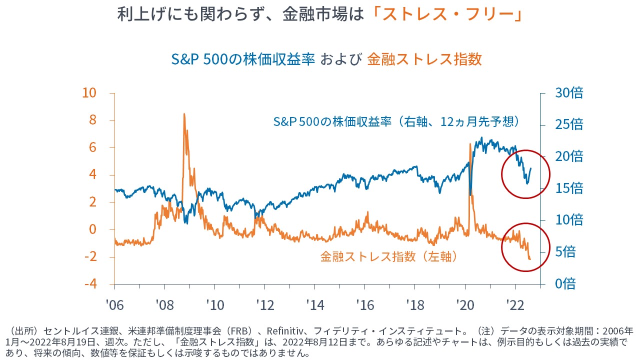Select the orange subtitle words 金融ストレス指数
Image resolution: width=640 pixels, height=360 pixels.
tap(424, 59)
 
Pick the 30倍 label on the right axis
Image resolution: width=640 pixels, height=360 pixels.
tap(569, 93)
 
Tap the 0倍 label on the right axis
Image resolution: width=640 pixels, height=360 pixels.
tap(565, 284)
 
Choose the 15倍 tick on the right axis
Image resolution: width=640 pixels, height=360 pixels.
tap(569, 188)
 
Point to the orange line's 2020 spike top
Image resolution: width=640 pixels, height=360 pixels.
tap(470, 144)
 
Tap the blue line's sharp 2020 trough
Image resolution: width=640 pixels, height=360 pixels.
tap(470, 194)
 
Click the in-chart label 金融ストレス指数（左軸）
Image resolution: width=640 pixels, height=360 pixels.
tap(389, 256)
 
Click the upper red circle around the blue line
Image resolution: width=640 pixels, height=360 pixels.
tap(525, 174)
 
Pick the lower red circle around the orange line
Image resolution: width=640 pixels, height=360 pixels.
tap(525, 247)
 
